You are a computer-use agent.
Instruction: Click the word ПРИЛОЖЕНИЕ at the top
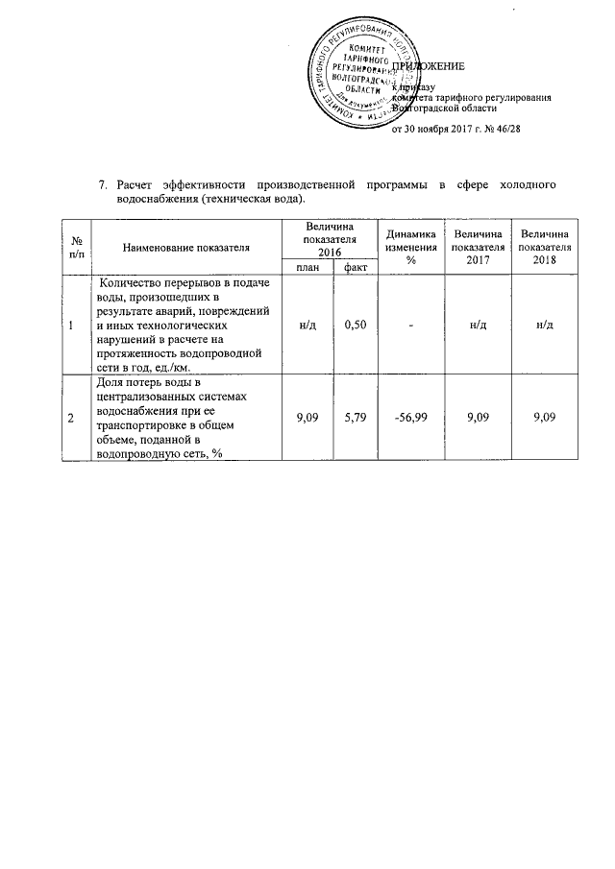(430, 67)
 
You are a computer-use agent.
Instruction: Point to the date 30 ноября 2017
(437, 130)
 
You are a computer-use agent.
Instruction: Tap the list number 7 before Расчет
(104, 183)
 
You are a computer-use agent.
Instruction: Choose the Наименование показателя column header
(185, 247)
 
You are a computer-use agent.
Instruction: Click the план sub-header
(305, 266)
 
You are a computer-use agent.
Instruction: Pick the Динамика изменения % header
(410, 247)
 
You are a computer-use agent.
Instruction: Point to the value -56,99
(410, 419)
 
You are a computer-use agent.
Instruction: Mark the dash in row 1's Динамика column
(410, 326)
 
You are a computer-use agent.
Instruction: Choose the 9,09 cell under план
(305, 419)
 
